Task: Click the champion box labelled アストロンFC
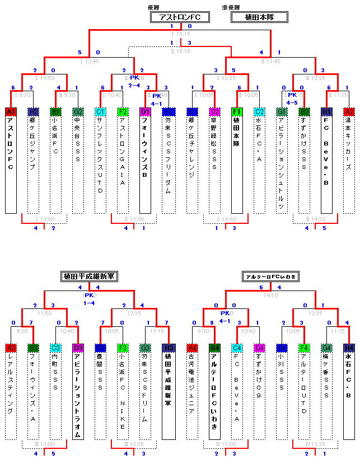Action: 179,17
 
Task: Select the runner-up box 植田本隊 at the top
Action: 259,17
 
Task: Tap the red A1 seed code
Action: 11,112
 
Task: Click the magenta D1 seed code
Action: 145,112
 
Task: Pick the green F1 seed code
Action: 237,112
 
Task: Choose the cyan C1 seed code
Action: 101,112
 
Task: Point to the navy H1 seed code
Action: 327,112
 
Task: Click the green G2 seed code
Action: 78,112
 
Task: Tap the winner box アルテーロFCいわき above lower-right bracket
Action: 270,276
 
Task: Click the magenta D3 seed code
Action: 78,348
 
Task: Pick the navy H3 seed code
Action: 167,348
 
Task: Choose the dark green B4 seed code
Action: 214,348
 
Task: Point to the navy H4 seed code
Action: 349,348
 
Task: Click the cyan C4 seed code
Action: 237,348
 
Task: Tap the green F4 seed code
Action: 305,348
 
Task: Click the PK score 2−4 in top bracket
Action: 134,85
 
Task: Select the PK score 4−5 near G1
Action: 292,103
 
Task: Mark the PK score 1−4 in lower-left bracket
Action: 89,303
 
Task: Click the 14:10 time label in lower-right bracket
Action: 270,295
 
